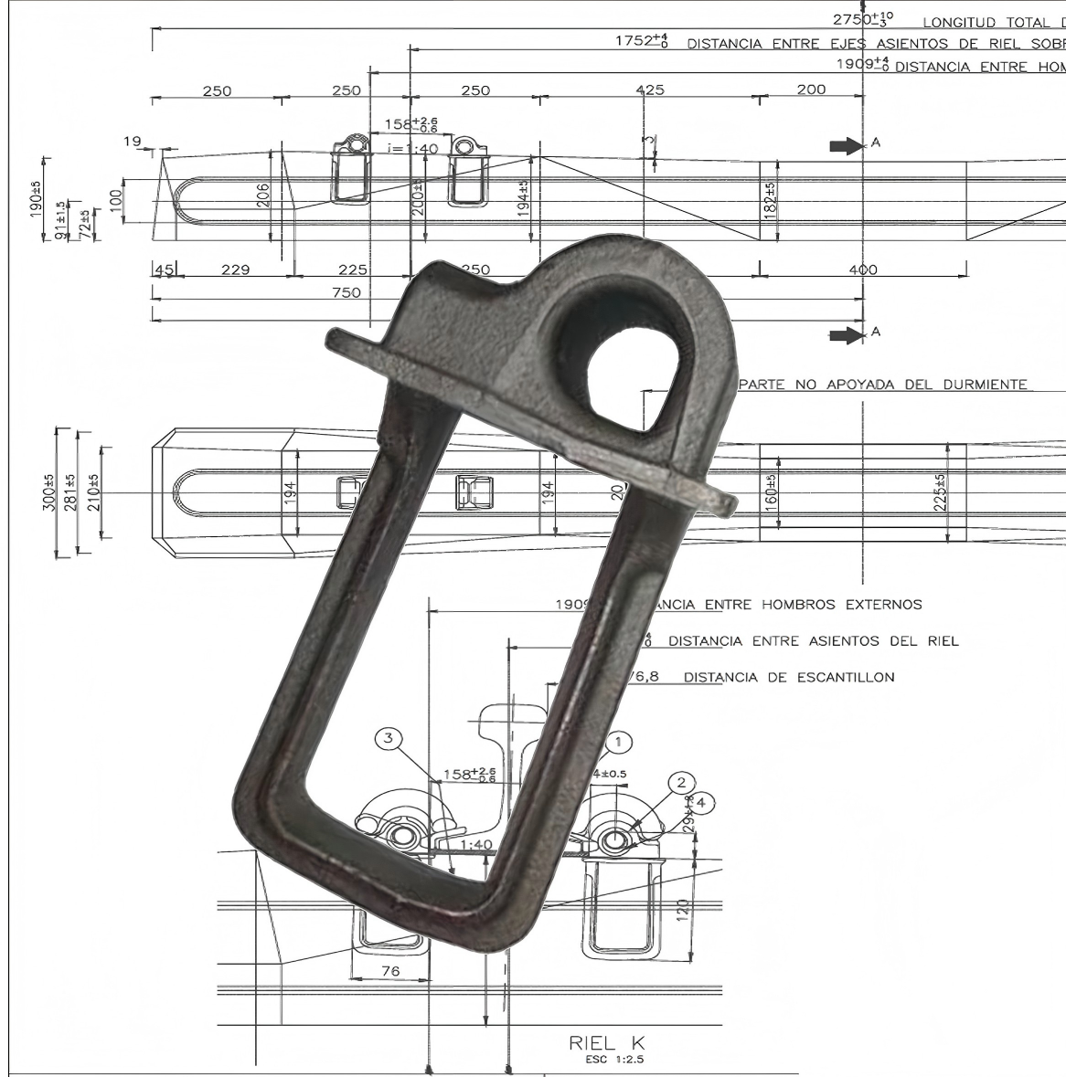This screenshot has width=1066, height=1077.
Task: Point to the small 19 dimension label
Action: pyautogui.click(x=133, y=141)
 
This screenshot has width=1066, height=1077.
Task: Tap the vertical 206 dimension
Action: pyautogui.click(x=263, y=195)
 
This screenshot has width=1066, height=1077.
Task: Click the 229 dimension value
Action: pyautogui.click(x=235, y=269)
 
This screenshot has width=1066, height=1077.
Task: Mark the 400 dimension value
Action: pyautogui.click(x=862, y=269)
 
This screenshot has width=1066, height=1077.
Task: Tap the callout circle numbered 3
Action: pyautogui.click(x=390, y=738)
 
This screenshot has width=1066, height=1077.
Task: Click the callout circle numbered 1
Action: pyautogui.click(x=618, y=742)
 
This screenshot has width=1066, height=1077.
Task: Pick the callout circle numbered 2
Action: pyautogui.click(x=680, y=782)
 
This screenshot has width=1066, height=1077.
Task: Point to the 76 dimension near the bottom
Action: pyautogui.click(x=389, y=971)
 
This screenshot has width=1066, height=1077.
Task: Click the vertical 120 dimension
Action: pyautogui.click(x=682, y=911)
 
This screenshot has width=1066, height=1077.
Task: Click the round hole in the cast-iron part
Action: pyautogui.click(x=633, y=384)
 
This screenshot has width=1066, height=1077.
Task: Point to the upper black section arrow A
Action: pyautogui.click(x=847, y=145)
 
